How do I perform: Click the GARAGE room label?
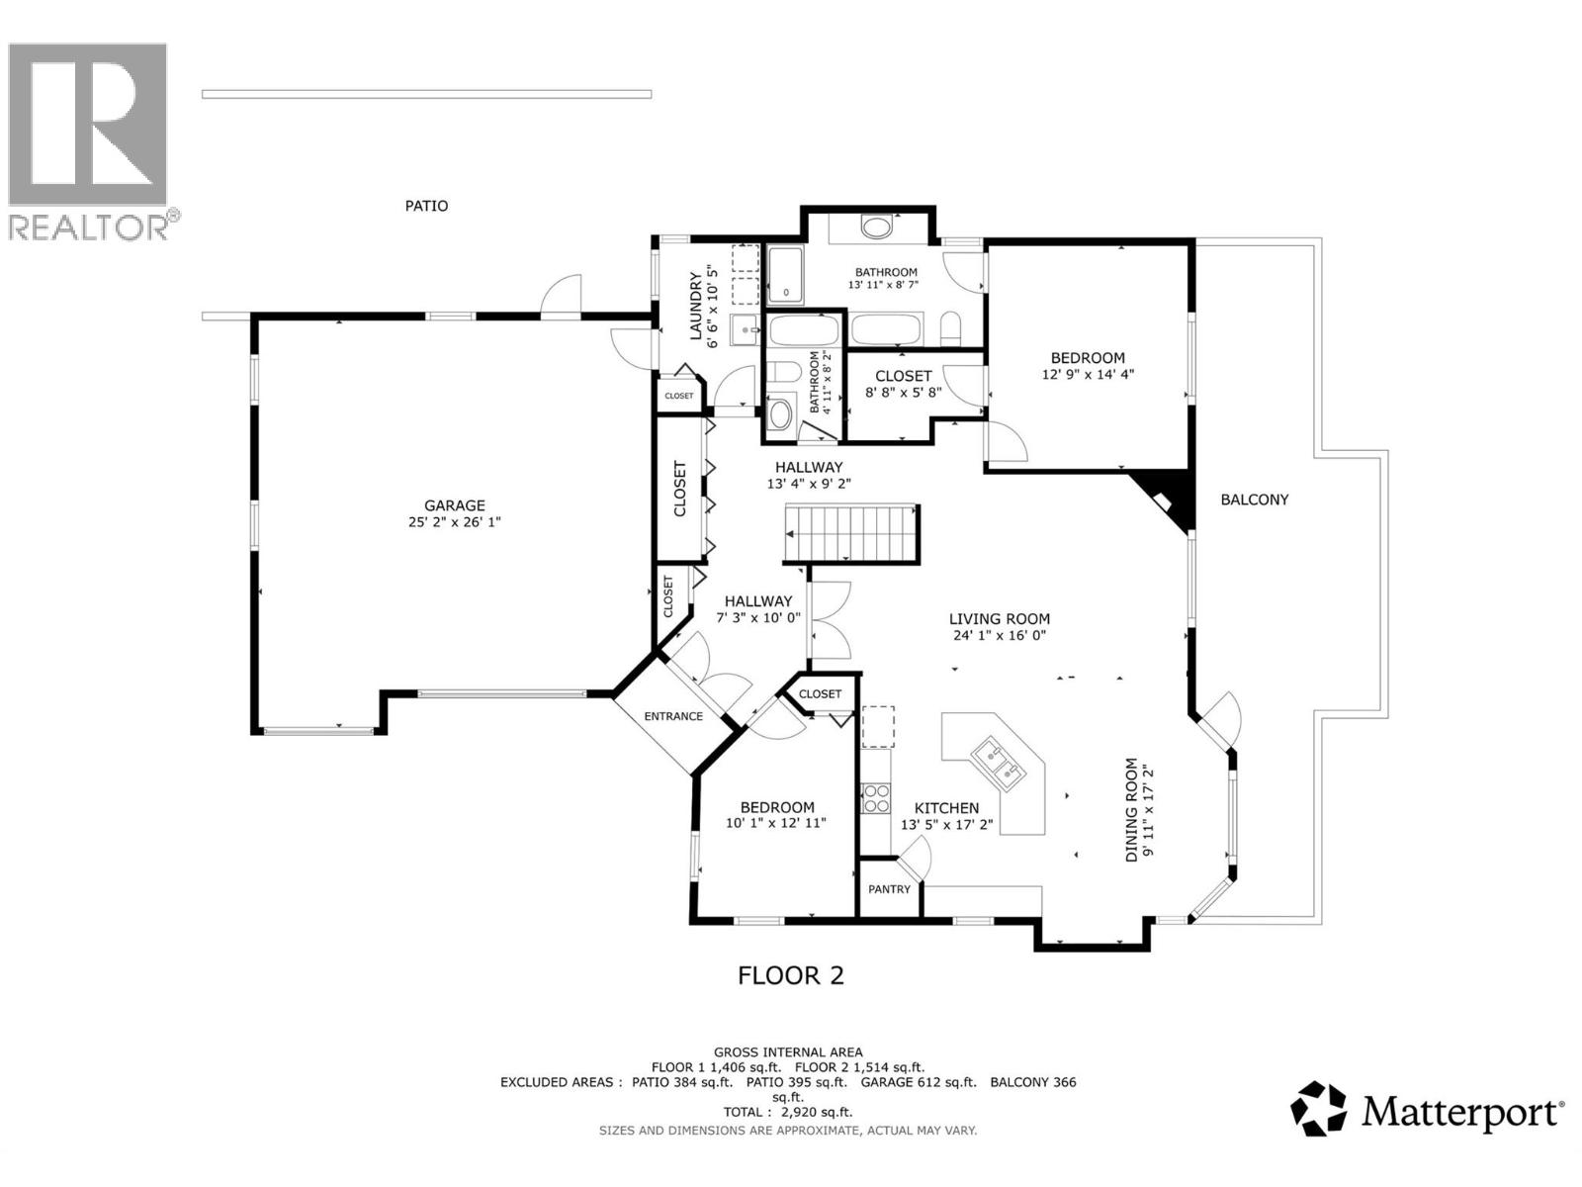455,505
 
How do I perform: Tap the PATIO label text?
426,206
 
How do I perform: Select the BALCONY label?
1254,500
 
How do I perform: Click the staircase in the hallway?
851,533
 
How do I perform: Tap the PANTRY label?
889,889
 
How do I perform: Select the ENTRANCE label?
673,716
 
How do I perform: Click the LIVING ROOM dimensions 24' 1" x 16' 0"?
999,636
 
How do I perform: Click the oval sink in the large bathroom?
875,228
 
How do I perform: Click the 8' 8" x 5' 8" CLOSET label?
903,384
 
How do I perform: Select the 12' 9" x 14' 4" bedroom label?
1088,366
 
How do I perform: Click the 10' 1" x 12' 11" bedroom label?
776,815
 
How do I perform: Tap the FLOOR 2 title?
791,976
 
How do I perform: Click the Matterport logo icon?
1319,1109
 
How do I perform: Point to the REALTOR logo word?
89,228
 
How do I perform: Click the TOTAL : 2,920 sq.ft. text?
787,1113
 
